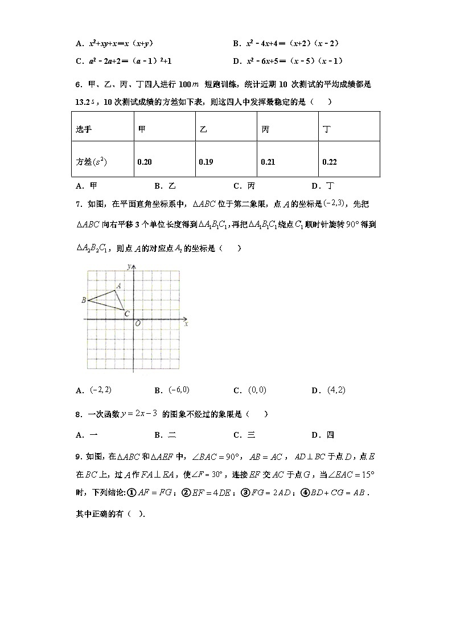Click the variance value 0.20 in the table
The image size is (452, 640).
point(145,162)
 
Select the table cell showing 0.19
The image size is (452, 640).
point(206,162)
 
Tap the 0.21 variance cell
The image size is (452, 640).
point(268,162)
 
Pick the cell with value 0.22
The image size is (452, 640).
point(329,162)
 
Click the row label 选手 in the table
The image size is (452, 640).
point(84,129)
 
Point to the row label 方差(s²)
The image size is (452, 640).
point(92,162)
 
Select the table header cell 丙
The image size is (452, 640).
point(265,129)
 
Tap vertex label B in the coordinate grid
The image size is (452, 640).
point(83,300)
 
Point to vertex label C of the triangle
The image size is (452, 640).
point(126,313)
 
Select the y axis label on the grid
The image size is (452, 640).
point(130,266)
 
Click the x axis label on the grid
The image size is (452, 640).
point(186,323)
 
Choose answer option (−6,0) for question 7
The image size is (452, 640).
point(179,390)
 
